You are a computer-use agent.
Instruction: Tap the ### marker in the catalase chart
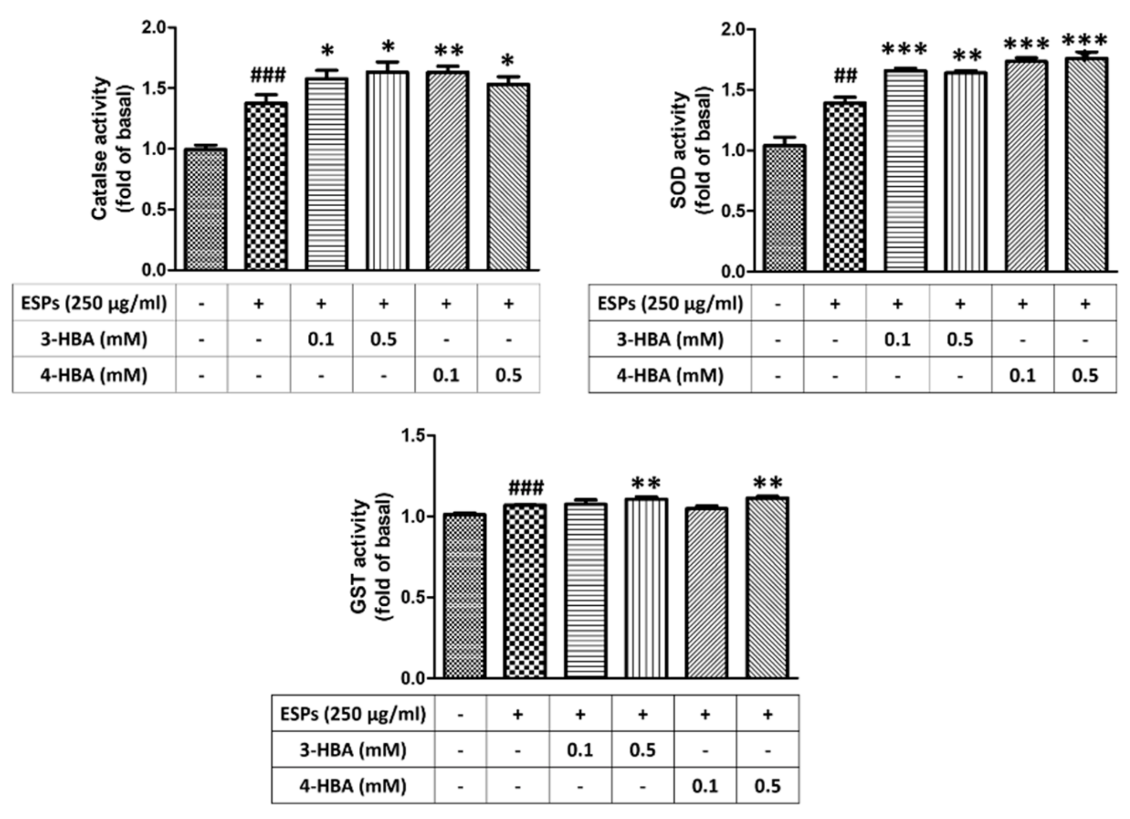point(268,76)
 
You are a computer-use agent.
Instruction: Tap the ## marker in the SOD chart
point(845,76)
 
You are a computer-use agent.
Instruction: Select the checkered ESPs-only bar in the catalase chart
point(266,187)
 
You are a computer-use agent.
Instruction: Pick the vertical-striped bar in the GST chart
point(646,588)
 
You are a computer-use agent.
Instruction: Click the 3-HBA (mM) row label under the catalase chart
point(94,339)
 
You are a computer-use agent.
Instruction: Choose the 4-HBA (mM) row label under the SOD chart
point(670,375)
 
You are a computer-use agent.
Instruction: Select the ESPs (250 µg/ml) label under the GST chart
point(353,714)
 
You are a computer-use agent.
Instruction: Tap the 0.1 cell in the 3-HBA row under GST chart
point(580,750)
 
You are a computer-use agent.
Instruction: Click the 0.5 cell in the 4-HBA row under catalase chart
point(508,375)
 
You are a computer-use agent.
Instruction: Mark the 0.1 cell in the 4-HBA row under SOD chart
point(1022,375)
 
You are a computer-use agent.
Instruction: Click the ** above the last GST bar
point(768,483)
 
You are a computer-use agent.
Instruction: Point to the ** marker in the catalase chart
point(448,51)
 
